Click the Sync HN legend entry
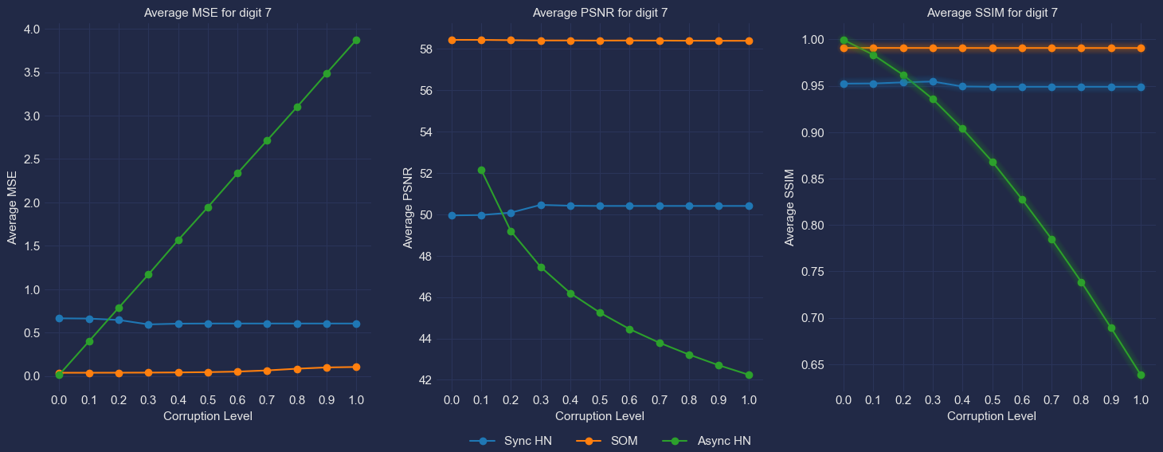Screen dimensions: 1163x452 511,441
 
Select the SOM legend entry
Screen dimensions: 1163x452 607,441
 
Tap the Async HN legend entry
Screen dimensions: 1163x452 707,441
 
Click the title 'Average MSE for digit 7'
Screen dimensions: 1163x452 208,13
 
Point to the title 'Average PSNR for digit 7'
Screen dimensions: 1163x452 600,13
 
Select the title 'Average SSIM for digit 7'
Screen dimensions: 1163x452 993,13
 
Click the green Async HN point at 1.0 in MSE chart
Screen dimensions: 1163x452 356,40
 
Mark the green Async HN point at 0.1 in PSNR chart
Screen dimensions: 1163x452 481,170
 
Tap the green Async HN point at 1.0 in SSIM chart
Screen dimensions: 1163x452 1141,375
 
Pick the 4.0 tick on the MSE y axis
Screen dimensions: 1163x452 32,29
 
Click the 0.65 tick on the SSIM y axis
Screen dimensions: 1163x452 813,365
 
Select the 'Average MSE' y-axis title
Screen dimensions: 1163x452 12,208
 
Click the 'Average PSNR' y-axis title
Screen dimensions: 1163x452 408,208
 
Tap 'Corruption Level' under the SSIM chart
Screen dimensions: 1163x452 992,416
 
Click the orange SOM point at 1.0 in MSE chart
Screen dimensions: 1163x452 356,367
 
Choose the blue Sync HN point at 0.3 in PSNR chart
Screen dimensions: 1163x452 541,205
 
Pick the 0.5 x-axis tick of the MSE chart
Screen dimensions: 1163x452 208,400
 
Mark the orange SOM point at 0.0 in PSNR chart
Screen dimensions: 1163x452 452,40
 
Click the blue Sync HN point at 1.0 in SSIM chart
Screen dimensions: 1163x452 1141,87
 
